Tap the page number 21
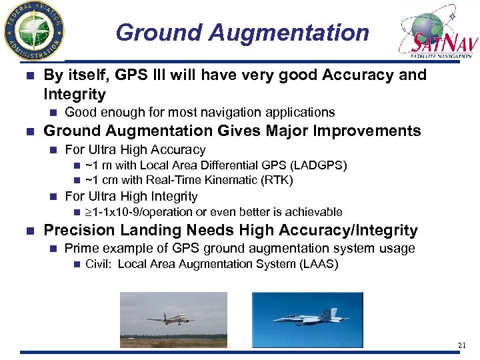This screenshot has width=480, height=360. point(462,345)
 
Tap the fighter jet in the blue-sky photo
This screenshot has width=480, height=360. point(309,318)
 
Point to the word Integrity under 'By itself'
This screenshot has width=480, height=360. point(75,94)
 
